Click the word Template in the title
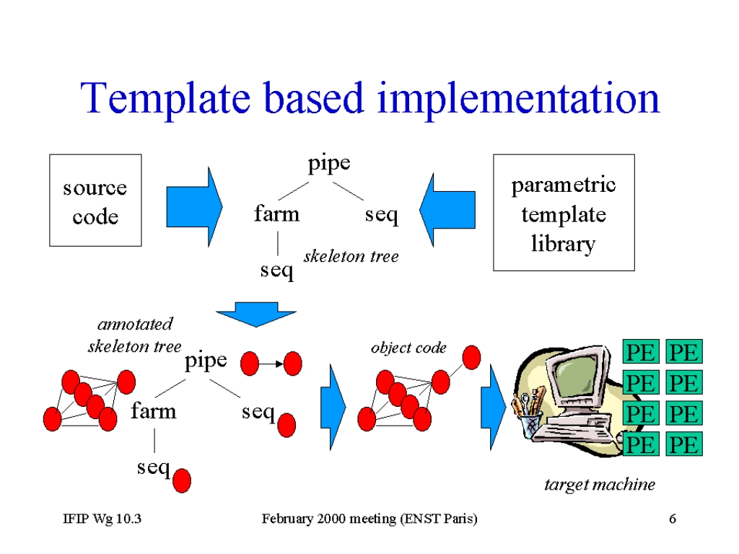[165, 100]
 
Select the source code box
[95, 201]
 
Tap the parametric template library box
[564, 213]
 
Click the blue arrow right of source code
[194, 207]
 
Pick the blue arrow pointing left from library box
[447, 210]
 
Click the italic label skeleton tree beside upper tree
[351, 256]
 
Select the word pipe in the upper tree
[329, 164]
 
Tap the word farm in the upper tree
[276, 214]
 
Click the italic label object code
[408, 348]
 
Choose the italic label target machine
[600, 485]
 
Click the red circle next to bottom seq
[182, 480]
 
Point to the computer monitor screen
[575, 374]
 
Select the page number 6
[673, 519]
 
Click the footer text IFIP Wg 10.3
[102, 519]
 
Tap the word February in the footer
[287, 519]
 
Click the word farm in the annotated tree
[154, 410]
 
